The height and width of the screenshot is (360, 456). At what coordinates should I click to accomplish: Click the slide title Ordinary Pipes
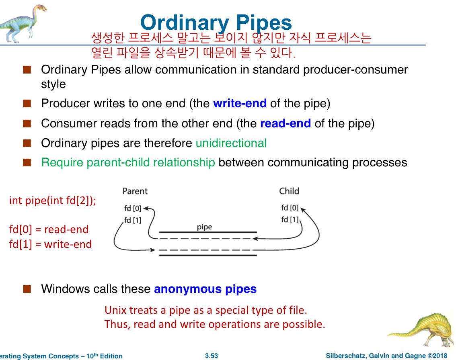pyautogui.click(x=216, y=22)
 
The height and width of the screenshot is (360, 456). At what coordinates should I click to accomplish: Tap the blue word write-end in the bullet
pyautogui.click(x=240, y=103)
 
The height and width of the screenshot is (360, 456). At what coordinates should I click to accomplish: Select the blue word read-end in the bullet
pyautogui.click(x=285, y=123)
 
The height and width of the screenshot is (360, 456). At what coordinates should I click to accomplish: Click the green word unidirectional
pyautogui.click(x=231, y=143)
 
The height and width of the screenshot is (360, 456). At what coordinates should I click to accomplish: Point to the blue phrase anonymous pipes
pyautogui.click(x=205, y=289)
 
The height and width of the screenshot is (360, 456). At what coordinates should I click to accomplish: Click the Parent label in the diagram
pyautogui.click(x=135, y=191)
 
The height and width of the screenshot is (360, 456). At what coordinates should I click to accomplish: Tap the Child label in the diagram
pyautogui.click(x=289, y=191)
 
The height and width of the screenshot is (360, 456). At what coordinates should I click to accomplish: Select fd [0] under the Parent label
pyautogui.click(x=133, y=209)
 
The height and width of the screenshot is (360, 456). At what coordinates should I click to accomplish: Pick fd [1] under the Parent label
pyautogui.click(x=133, y=220)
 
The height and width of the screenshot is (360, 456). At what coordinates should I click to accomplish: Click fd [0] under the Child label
pyautogui.click(x=290, y=208)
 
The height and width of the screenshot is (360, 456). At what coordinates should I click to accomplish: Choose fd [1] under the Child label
pyautogui.click(x=290, y=220)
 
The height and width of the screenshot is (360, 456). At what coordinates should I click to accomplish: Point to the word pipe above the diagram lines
pyautogui.click(x=204, y=227)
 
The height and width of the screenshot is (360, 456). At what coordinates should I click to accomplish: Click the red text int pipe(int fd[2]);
pyautogui.click(x=53, y=200)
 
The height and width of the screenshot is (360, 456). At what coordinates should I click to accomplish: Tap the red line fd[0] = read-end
pyautogui.click(x=49, y=229)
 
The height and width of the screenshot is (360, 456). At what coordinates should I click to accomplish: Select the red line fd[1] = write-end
pyautogui.click(x=50, y=244)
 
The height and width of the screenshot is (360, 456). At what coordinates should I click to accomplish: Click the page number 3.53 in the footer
pyautogui.click(x=212, y=356)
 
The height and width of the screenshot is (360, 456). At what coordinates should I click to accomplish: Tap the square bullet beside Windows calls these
pyautogui.click(x=27, y=289)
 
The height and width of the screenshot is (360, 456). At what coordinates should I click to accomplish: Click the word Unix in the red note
pyautogui.click(x=114, y=310)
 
